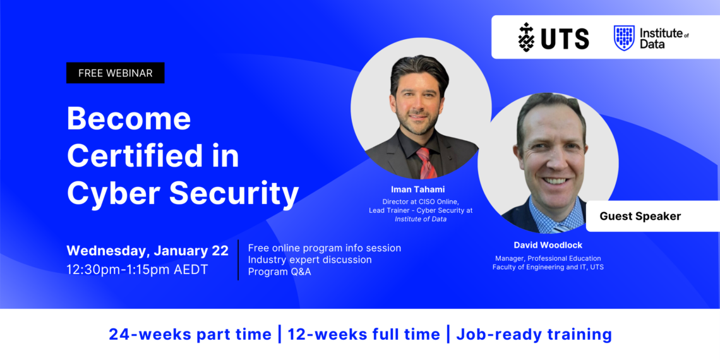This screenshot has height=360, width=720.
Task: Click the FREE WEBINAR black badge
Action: (x=115, y=73)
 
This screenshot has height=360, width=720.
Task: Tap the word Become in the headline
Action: (x=129, y=118)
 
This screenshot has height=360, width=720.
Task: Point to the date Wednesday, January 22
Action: (x=147, y=251)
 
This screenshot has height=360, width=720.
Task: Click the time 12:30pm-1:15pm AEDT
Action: (x=137, y=269)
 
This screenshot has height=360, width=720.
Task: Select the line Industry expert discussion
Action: (x=309, y=260)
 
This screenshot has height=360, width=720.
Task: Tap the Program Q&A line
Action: (x=279, y=272)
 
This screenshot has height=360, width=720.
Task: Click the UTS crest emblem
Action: (x=526, y=37)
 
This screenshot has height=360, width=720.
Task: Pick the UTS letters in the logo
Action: (x=564, y=38)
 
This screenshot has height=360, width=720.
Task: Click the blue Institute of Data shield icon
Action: (x=624, y=38)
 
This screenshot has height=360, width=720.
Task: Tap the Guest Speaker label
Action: (x=640, y=216)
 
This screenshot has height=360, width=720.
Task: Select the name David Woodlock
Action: (x=547, y=245)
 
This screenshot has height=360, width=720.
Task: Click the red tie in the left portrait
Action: (x=426, y=164)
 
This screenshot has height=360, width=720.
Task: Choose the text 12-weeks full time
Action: (x=364, y=334)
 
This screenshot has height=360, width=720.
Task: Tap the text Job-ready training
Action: (x=534, y=334)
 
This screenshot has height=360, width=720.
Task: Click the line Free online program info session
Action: (x=324, y=248)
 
